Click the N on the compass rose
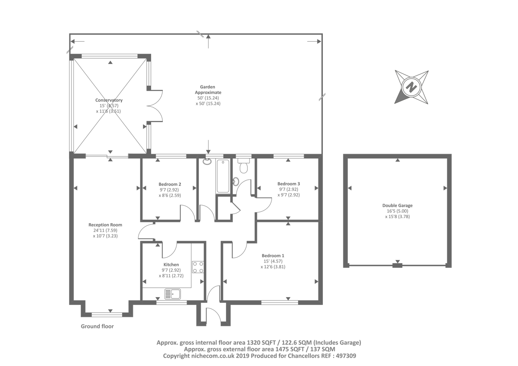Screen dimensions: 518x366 (411, 87)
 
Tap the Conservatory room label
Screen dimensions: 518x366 (109, 100)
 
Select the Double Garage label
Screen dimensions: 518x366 (397, 205)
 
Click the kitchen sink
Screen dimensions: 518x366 (173, 294)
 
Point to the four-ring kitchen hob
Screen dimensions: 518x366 (198, 267)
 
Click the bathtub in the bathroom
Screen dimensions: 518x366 (223, 176)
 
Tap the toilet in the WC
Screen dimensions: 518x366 (244, 166)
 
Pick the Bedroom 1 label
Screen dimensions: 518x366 (273, 255)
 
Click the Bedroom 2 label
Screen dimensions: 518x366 (170, 184)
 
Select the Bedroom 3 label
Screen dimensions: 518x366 (288, 184)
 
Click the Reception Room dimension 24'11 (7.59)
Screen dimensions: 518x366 (105, 230)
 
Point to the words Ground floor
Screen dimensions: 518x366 (97, 326)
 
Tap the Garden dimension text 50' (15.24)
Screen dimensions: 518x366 (208, 98)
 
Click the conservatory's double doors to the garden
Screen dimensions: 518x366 (155, 106)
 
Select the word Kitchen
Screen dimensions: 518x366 (171, 264)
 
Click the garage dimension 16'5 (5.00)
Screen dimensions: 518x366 (398, 211)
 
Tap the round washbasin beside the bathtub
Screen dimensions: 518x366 (207, 161)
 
